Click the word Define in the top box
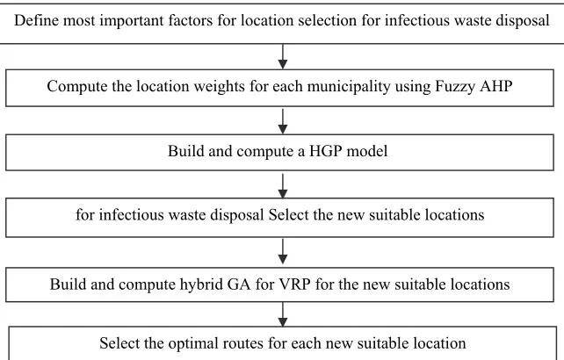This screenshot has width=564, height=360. tap(36, 20)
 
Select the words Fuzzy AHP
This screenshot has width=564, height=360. tap(474, 87)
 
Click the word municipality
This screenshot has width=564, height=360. tap(349, 87)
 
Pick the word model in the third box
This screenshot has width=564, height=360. tap(367, 151)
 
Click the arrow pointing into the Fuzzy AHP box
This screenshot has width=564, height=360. tap(283, 56)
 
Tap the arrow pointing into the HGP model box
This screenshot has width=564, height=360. tap(283, 121)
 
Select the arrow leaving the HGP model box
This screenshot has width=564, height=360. tap(283, 186)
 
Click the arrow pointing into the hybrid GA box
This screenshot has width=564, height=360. tap(283, 252)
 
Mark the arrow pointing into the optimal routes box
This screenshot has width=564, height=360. tap(283, 314)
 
